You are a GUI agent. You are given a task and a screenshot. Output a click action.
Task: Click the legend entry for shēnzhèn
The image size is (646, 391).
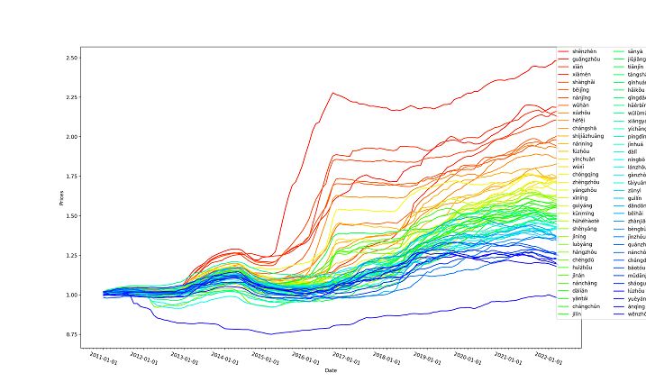585,52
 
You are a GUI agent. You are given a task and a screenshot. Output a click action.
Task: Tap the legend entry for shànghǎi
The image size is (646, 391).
585,82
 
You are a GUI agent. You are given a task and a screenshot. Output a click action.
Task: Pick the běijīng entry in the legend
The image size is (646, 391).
582,90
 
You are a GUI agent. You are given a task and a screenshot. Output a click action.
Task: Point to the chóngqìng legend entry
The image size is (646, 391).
586,175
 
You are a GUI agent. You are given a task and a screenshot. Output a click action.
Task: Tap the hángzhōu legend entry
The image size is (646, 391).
586,251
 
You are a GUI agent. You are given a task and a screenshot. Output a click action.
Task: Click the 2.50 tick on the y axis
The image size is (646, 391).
71,58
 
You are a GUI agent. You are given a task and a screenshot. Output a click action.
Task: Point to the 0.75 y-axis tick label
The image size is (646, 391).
71,335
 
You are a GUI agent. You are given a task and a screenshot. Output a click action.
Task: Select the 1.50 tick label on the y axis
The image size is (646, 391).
71,216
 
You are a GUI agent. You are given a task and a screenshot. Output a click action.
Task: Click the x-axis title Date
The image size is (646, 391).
330,370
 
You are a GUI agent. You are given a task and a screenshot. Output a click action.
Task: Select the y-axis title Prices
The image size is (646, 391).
61,196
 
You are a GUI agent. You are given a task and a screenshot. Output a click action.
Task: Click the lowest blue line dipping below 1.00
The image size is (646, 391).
270,333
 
